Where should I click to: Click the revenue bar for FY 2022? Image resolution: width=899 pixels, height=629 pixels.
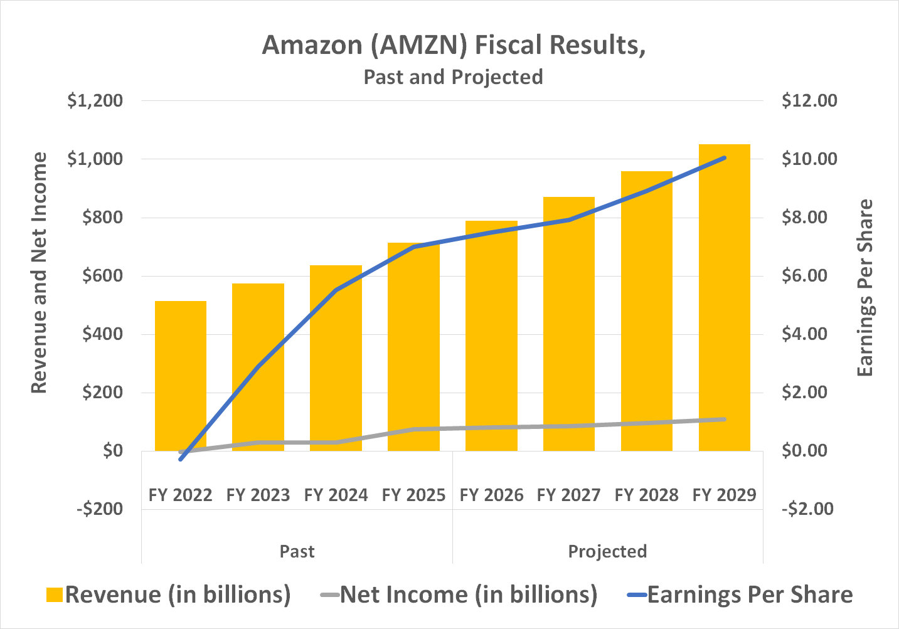(x=181, y=376)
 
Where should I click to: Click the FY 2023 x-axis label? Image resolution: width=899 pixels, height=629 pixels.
(x=258, y=495)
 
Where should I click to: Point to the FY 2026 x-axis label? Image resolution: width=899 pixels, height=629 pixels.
(x=491, y=495)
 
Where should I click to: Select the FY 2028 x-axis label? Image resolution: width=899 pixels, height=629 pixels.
(x=646, y=495)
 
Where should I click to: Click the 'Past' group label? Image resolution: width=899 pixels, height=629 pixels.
(x=297, y=552)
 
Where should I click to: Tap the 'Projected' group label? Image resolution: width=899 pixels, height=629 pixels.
(x=607, y=552)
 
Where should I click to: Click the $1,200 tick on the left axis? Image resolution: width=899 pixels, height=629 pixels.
(x=95, y=101)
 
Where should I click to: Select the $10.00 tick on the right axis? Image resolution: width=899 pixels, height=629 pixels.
(x=809, y=159)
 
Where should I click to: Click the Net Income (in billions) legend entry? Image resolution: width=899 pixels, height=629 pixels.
(x=459, y=595)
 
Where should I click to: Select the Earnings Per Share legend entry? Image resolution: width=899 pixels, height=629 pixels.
(x=740, y=595)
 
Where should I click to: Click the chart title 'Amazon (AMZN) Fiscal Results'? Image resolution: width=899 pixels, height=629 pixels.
(x=454, y=45)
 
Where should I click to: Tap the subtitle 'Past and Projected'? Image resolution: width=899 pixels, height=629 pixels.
(x=453, y=77)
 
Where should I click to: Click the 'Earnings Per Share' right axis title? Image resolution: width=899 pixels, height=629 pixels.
(x=865, y=288)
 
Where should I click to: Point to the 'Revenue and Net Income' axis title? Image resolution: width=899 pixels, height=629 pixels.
(x=39, y=273)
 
